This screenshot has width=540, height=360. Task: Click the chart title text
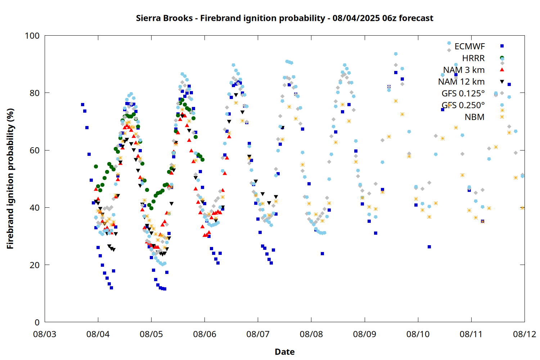[284, 18]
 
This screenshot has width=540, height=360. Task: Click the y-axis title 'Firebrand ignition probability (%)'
[10, 179]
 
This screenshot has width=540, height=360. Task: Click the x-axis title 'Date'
[285, 352]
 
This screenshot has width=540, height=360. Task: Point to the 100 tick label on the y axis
[32, 36]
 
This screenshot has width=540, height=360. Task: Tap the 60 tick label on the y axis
[35, 150]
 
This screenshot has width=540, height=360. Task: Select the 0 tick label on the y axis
[37, 322]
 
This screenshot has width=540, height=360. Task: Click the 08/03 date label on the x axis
[45, 334]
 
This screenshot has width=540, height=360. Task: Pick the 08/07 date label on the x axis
[258, 334]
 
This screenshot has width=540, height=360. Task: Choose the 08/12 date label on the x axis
[525, 334]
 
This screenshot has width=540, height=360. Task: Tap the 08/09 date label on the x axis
[364, 334]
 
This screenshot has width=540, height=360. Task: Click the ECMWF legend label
[469, 46]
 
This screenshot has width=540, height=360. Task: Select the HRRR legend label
[473, 58]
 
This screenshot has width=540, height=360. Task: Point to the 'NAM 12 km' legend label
[461, 82]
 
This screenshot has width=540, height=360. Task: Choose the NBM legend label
[474, 117]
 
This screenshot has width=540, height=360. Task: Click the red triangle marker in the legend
[502, 70]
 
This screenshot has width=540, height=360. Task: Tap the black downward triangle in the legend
[502, 82]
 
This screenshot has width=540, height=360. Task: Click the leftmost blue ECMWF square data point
[82, 104]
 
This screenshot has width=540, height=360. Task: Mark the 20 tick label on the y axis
[35, 265]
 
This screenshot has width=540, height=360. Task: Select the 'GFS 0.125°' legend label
[463, 93]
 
